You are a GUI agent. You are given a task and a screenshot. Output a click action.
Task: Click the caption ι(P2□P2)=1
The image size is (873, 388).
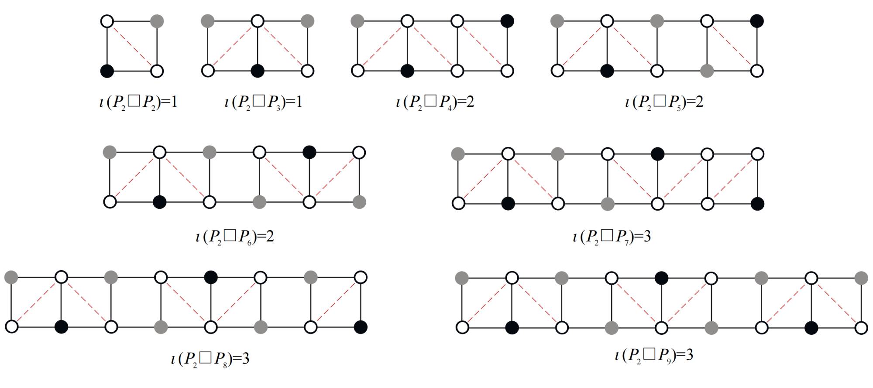point(138,102)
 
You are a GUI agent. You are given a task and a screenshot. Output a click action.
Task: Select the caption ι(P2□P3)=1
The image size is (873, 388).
point(263,102)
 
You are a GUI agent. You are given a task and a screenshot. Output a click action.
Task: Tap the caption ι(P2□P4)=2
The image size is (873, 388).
point(435,102)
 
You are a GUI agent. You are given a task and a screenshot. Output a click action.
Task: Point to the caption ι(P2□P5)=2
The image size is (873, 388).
point(664,102)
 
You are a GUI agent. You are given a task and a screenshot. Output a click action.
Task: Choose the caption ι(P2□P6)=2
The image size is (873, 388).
point(235,237)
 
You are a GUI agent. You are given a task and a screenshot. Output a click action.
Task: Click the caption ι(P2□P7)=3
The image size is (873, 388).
point(612,237)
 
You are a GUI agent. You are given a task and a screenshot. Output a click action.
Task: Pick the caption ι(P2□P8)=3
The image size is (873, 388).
point(210,359)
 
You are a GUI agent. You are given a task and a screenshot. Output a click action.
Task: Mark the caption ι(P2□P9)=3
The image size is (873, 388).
point(653,355)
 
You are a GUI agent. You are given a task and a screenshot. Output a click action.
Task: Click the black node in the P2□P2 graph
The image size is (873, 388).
point(107,71)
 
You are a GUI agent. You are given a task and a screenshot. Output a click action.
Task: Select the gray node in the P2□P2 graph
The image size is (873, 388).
point(157,21)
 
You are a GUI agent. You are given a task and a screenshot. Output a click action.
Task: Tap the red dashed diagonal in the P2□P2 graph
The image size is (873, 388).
point(132,46)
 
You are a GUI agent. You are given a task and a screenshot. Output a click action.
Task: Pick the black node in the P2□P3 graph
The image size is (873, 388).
point(258,71)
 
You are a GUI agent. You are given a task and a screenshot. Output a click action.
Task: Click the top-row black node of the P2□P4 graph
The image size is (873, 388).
point(507,21)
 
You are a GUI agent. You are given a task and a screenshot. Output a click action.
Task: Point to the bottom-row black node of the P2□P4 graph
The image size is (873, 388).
point(407,71)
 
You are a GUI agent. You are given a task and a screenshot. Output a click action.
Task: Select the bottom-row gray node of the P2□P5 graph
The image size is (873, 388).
point(707,71)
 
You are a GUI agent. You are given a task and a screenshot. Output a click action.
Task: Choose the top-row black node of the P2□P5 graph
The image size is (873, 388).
point(757,21)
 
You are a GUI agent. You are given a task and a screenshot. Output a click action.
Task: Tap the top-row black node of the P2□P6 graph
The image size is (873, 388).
point(309,153)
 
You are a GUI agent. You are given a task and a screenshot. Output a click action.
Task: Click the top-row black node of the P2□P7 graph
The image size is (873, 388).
point(657,154)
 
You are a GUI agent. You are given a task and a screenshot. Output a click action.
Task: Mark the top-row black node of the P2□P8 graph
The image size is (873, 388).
point(211,277)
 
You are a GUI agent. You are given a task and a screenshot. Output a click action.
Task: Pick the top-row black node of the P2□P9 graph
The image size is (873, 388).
point(662,278)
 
